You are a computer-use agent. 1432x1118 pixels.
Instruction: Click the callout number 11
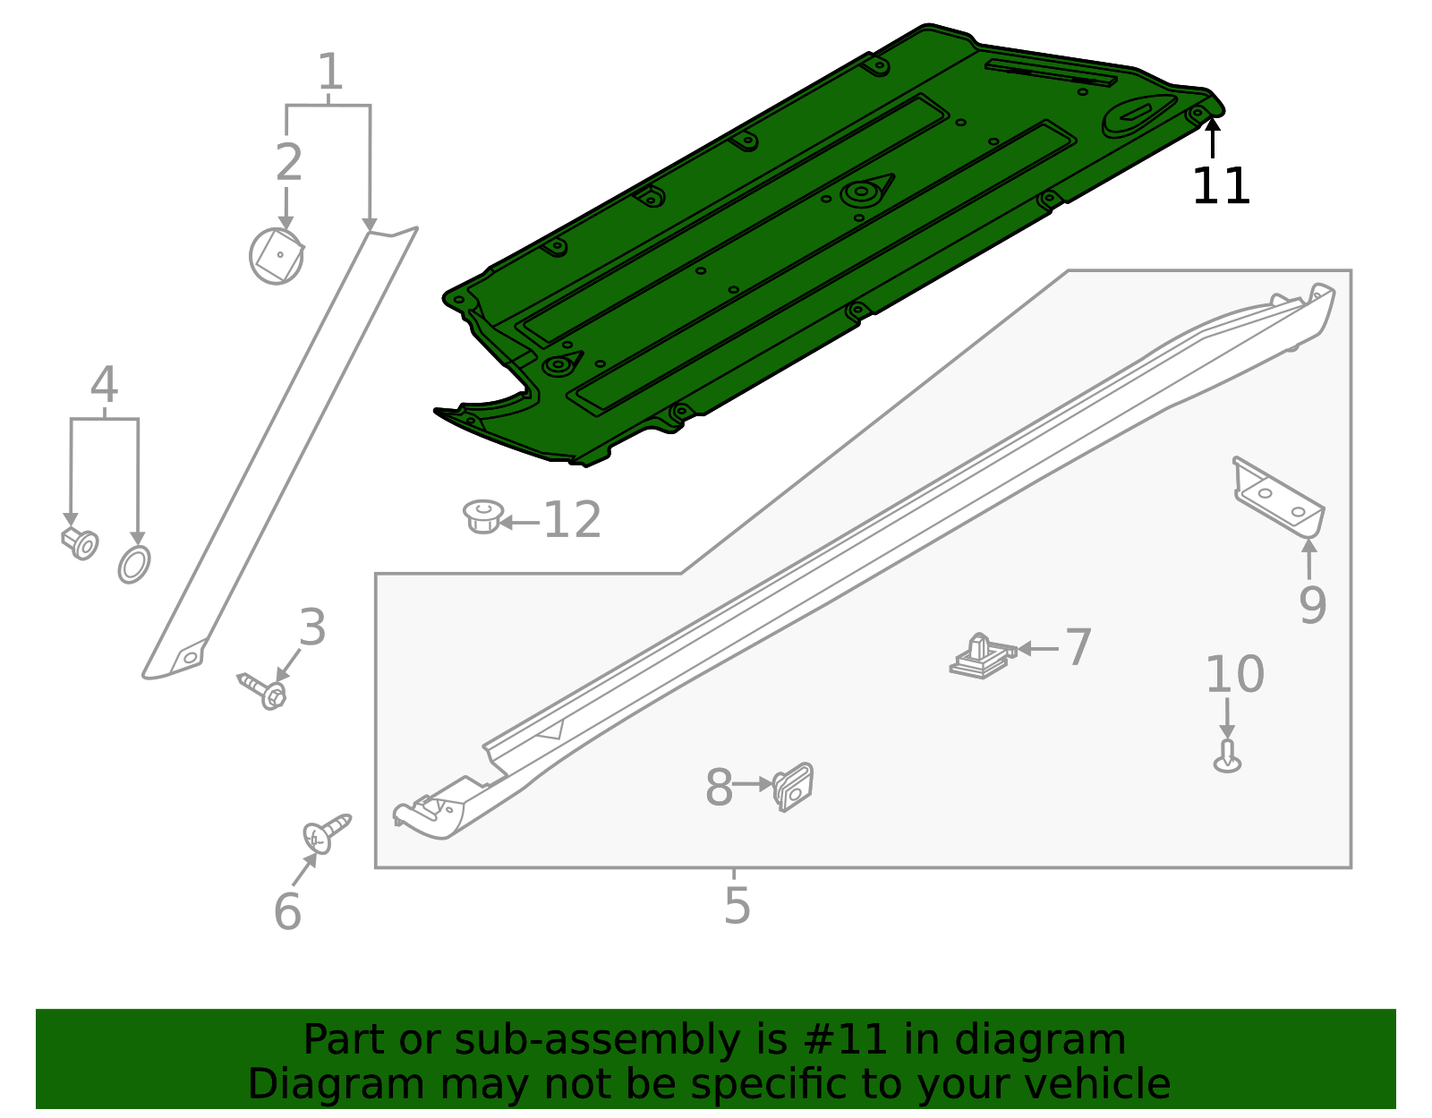coord(1220,187)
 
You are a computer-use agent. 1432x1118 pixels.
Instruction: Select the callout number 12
coord(573,520)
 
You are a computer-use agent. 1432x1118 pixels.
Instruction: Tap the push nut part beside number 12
coord(483,517)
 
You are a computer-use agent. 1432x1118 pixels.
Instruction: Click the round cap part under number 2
coord(277,256)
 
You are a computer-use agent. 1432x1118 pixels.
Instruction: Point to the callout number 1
coord(330,72)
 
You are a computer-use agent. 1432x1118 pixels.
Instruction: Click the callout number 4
coord(105,385)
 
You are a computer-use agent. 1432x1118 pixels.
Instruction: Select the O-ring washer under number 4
coord(134,564)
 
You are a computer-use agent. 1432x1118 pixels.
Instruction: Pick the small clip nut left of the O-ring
coord(81,542)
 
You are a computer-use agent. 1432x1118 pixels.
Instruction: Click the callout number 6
coord(287,911)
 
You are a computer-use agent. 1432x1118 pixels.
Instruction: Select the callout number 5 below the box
coord(737,905)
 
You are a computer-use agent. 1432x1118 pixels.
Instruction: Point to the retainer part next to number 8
coord(793,787)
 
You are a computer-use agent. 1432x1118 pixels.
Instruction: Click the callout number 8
coord(719,788)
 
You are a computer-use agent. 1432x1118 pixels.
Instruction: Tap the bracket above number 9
coord(1278,498)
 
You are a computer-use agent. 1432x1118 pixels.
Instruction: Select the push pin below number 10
coord(1228,757)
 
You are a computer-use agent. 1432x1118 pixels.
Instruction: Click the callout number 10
coord(1234,674)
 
